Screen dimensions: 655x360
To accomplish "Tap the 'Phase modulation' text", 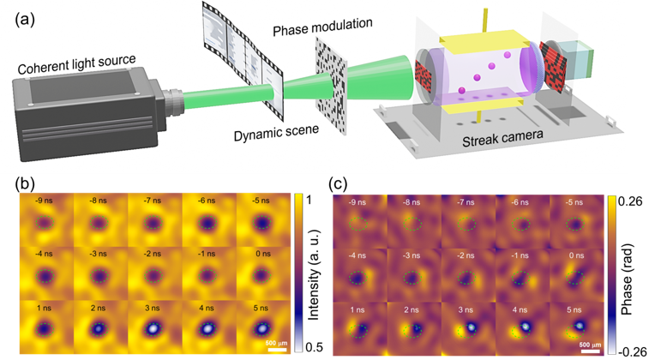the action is (322, 27).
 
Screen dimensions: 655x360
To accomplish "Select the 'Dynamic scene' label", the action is (276, 132).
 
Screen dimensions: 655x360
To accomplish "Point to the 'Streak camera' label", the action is (502, 138).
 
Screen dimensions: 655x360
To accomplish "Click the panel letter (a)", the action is (24, 20).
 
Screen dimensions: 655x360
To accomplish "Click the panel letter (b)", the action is (25, 183).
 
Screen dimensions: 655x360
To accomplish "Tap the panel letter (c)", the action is (338, 183).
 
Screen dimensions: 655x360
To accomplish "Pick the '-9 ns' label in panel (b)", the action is (44, 201).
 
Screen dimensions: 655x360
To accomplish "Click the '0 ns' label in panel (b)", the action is (262, 254).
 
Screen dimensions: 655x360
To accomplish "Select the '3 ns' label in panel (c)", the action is (466, 310).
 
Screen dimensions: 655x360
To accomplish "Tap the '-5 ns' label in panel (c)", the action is (574, 202).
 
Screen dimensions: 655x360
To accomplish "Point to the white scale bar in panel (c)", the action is (590, 351).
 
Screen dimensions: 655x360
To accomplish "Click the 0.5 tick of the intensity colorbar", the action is (314, 347).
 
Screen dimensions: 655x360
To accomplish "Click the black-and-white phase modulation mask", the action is (331, 86).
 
